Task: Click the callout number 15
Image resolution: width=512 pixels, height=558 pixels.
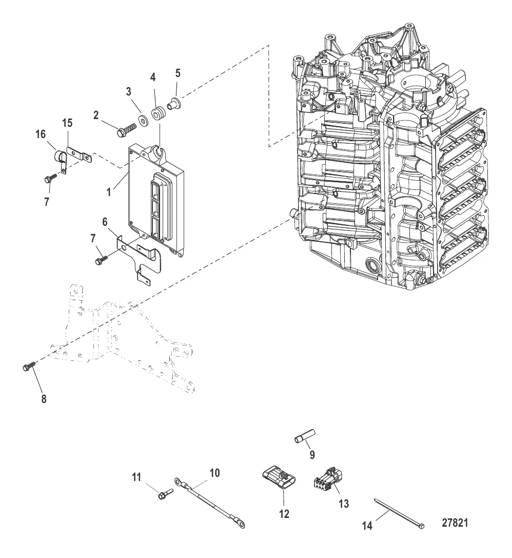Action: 68,123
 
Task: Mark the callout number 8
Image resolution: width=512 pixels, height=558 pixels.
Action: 44,398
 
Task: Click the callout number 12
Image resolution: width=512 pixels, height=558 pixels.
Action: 283,513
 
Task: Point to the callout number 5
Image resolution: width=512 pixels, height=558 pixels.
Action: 178,73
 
